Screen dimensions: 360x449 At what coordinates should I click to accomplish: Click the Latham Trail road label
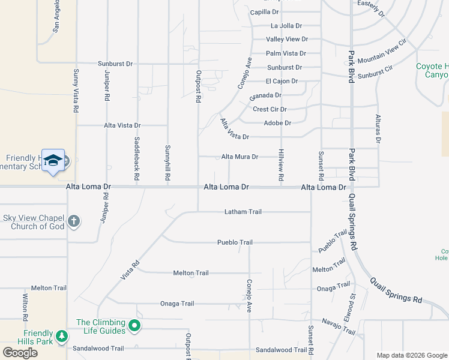point(243,212)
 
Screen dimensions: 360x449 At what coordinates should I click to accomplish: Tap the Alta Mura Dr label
point(240,157)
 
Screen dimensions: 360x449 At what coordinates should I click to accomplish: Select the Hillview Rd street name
point(280,166)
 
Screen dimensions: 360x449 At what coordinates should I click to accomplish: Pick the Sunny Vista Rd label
point(76,91)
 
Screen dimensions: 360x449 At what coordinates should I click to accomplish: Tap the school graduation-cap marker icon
point(53,160)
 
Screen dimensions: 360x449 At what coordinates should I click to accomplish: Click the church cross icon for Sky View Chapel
point(74,221)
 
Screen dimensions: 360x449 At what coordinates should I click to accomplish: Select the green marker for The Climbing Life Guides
point(134,326)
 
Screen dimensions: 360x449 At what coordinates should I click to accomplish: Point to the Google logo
point(20,353)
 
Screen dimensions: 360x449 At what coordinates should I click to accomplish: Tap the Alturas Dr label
point(378,128)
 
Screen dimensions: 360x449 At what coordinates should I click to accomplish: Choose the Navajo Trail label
point(339,329)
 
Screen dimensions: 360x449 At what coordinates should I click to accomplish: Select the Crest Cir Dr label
point(270,109)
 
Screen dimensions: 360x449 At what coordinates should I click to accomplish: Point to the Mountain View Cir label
point(382,53)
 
